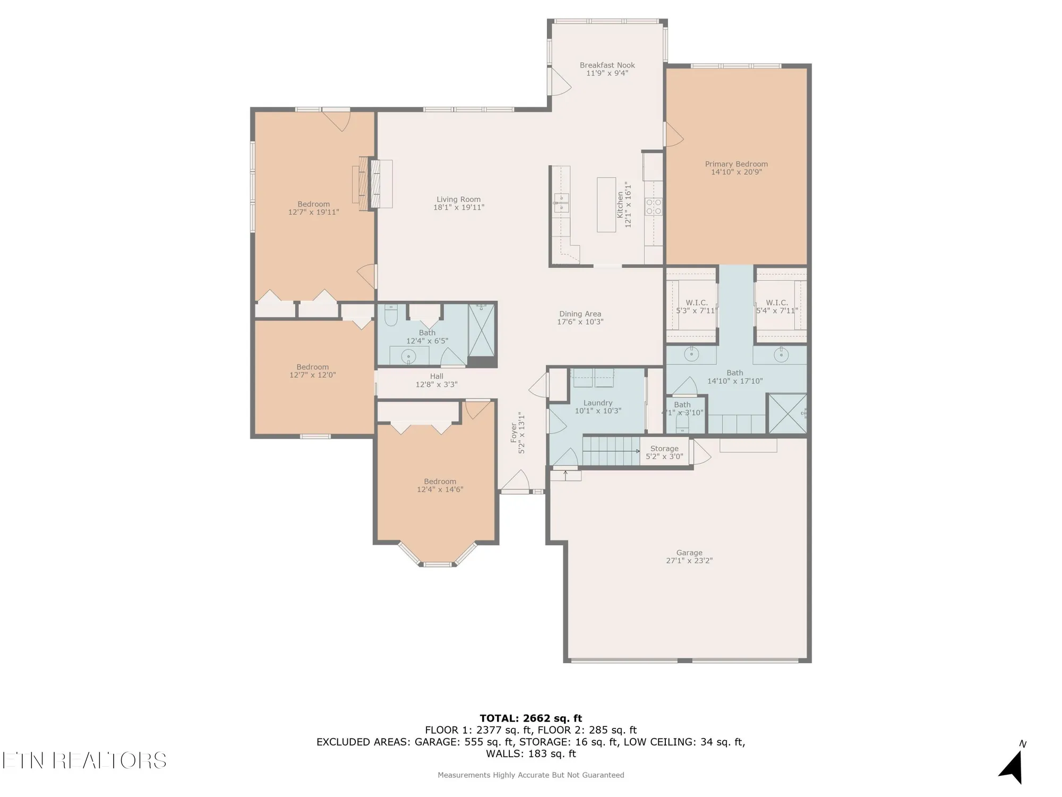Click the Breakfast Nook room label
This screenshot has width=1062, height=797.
pos(607,65)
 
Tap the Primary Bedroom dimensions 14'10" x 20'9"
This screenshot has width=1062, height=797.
pos(736,172)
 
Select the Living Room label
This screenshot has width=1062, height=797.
pos(458,199)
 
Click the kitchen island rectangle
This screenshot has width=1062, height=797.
pos(606,205)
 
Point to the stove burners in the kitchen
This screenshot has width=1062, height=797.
pos(653,206)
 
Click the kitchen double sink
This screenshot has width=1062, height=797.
pos(561,202)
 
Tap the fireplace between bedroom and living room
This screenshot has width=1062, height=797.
pos(372,183)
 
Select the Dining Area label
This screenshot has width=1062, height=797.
pos(580,314)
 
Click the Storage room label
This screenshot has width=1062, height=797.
pos(664,448)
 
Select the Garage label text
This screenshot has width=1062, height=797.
pos(689,553)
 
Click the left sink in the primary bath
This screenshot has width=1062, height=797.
pos(691,354)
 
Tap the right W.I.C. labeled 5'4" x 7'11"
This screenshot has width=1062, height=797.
pos(777,307)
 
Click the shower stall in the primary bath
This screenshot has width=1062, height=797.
pos(787,413)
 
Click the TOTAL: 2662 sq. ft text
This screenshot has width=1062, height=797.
pos(530,718)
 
